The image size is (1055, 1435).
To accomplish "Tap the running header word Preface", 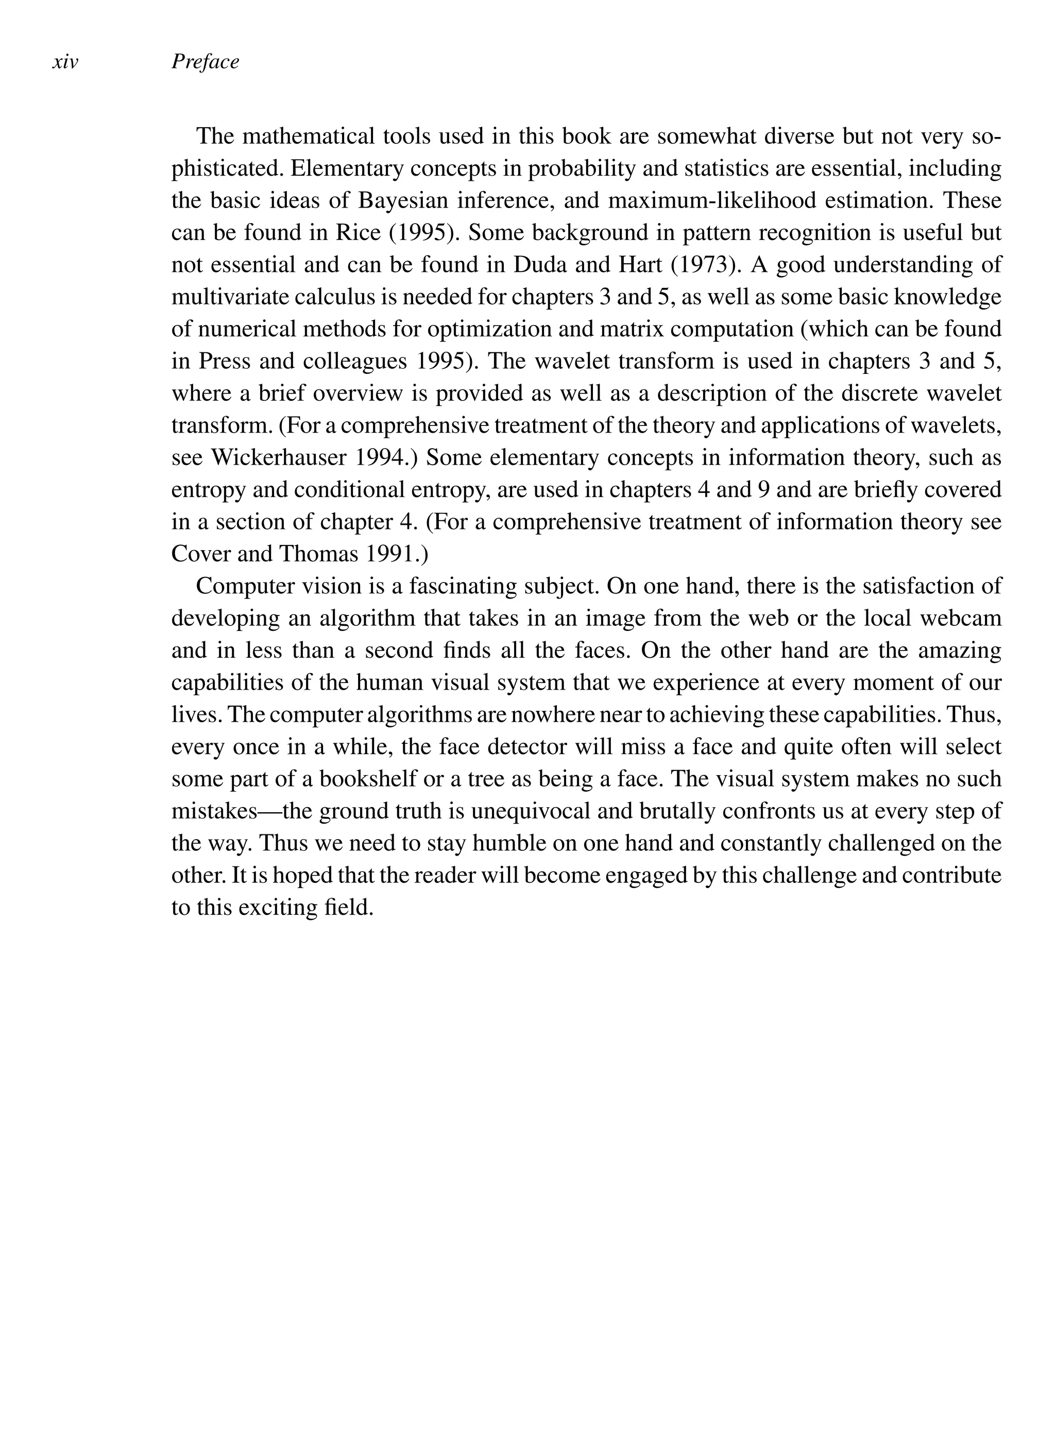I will (205, 62).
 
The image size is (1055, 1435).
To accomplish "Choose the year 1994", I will (386, 457).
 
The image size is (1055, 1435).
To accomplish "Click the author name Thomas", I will (319, 554).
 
